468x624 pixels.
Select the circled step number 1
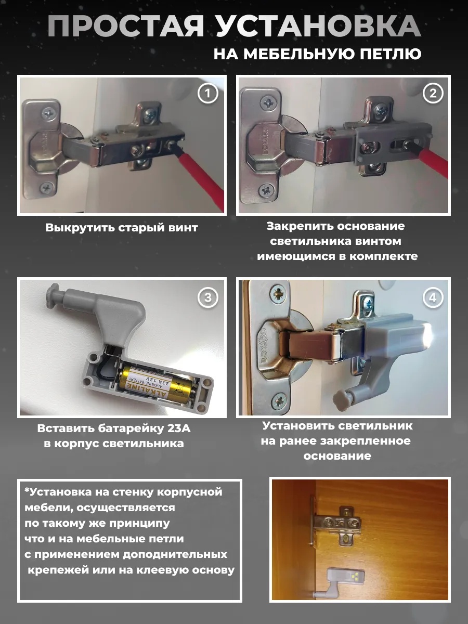coord(208,94)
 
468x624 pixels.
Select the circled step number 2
coord(432,94)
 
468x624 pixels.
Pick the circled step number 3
coord(208,297)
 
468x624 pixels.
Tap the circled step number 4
coord(432,297)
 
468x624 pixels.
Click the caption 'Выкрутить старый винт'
coord(122,228)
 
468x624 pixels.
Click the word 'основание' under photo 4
coord(337,456)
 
